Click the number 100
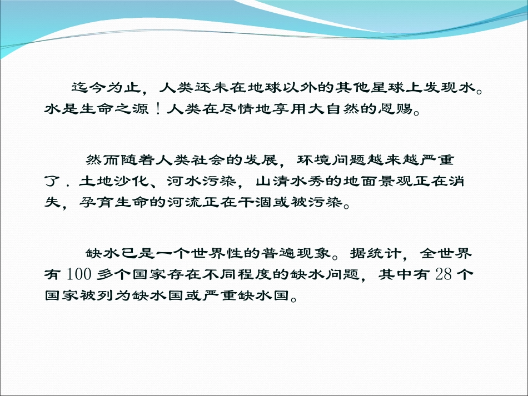[x=75, y=274]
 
